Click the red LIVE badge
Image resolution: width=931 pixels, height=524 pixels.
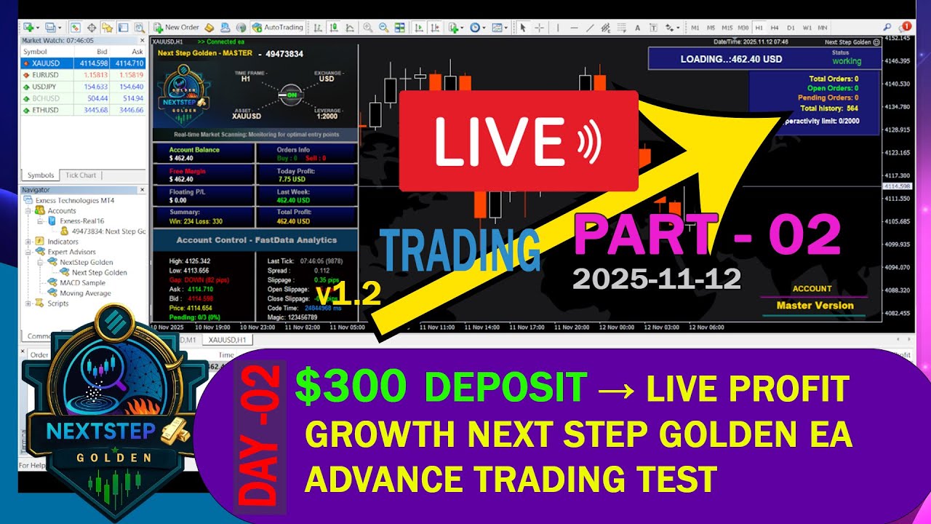(518, 140)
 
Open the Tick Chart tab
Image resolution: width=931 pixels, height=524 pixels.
(81, 175)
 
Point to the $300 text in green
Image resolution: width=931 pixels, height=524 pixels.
(350, 387)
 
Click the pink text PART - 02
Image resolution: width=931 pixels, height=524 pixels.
(706, 235)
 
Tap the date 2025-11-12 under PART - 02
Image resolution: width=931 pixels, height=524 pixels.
(656, 278)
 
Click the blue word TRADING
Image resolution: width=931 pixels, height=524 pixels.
(460, 250)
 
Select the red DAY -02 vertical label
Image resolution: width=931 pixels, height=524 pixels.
(260, 437)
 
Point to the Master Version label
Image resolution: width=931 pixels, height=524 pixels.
(815, 306)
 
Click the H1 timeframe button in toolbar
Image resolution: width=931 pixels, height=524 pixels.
(759, 28)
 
